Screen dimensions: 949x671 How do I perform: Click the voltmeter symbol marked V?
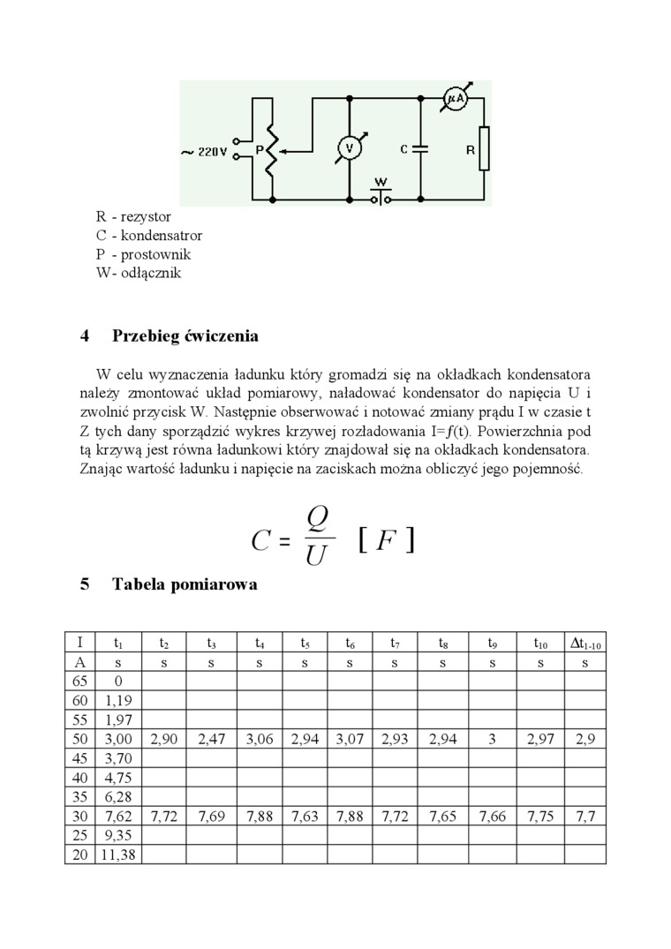click(x=349, y=149)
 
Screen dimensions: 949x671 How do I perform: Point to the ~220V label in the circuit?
click(x=205, y=152)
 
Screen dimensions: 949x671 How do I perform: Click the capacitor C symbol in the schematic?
click(x=420, y=149)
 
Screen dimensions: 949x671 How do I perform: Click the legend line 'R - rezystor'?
click(x=133, y=216)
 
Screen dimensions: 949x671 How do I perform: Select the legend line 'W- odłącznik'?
click(x=139, y=273)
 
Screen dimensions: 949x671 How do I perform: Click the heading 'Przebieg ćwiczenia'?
click(x=185, y=335)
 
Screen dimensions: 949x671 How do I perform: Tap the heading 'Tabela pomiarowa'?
click(x=185, y=584)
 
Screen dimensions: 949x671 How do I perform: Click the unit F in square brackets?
click(x=386, y=540)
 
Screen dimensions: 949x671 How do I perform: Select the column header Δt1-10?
click(x=584, y=644)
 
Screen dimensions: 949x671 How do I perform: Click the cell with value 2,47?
click(x=212, y=739)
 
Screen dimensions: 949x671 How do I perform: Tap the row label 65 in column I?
click(x=79, y=681)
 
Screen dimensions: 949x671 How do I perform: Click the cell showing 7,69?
click(x=212, y=816)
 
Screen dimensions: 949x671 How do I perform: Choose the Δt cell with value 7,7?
click(x=584, y=816)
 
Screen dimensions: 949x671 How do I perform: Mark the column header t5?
click(x=305, y=644)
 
